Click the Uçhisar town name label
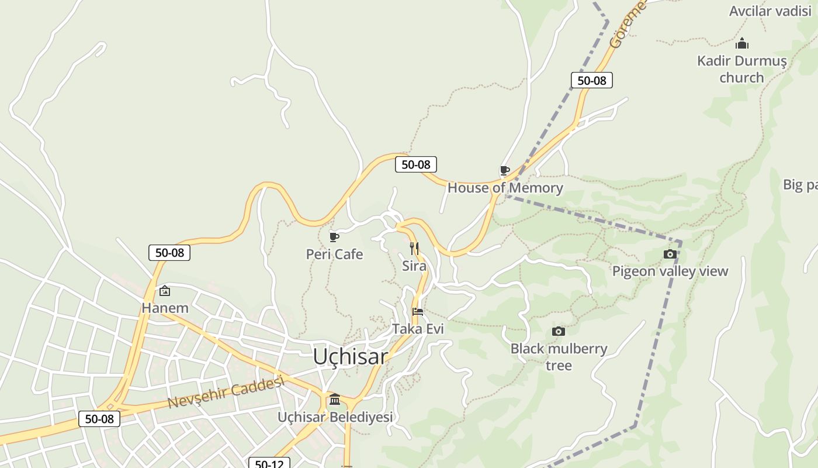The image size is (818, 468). tap(350, 356)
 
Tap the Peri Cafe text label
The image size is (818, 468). tap(334, 254)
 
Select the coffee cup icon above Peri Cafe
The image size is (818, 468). tap(334, 237)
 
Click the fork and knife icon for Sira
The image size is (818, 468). tap(414, 249)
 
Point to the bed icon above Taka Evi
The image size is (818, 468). tap(418, 311)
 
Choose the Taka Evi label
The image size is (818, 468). tap(418, 329)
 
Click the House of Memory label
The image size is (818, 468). tap(505, 188)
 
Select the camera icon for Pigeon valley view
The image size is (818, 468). tap(670, 254)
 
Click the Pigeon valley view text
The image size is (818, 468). tap(670, 271)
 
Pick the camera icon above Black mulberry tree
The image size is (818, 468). tap(559, 332)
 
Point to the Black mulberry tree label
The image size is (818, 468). tap(559, 357)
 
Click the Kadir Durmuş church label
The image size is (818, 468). tap(741, 69)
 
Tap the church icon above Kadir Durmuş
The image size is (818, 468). tap(742, 43)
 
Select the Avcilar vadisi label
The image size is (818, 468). tap(770, 11)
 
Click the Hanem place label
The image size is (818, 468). tap(165, 308)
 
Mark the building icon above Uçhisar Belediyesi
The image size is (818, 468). tap(335, 400)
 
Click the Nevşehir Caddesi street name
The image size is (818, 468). tap(226, 393)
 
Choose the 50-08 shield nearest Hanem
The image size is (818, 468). tap(169, 253)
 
